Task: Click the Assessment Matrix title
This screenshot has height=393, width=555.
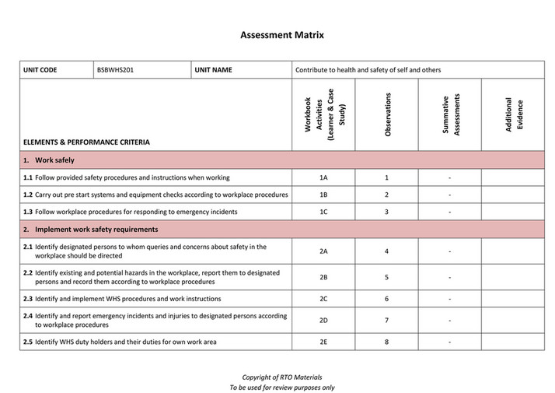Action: [277, 35]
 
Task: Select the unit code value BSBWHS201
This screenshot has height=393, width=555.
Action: [114, 70]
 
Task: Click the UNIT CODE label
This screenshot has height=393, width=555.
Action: [40, 70]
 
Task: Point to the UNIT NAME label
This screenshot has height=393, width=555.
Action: [213, 70]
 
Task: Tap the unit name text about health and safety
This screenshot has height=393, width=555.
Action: [368, 70]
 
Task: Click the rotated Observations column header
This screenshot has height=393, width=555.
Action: [387, 115]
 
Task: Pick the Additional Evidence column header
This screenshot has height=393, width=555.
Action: [514, 114]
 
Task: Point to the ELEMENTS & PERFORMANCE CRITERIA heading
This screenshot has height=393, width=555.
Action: [87, 142]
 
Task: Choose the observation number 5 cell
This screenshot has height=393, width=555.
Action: [386, 277]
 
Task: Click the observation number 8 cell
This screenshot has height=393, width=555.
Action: [386, 342]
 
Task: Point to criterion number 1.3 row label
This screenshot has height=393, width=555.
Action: [28, 212]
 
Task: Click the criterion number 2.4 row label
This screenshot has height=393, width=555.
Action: [28, 316]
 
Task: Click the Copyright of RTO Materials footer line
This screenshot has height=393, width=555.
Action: [277, 377]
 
